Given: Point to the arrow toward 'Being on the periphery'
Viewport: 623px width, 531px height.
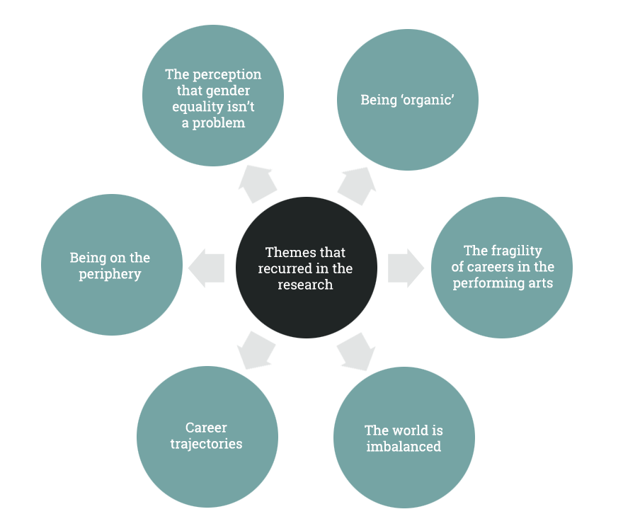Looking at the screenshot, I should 211,268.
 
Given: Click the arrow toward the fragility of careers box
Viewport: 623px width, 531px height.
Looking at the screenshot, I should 401,268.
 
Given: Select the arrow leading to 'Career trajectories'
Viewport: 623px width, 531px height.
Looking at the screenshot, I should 256,350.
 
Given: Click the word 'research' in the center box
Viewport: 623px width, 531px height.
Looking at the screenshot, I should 305,285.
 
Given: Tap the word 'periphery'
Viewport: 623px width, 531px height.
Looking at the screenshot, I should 110,274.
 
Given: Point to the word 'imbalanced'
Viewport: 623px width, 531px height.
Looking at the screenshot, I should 404,447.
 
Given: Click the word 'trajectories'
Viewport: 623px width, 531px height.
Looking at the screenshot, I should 206,445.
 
